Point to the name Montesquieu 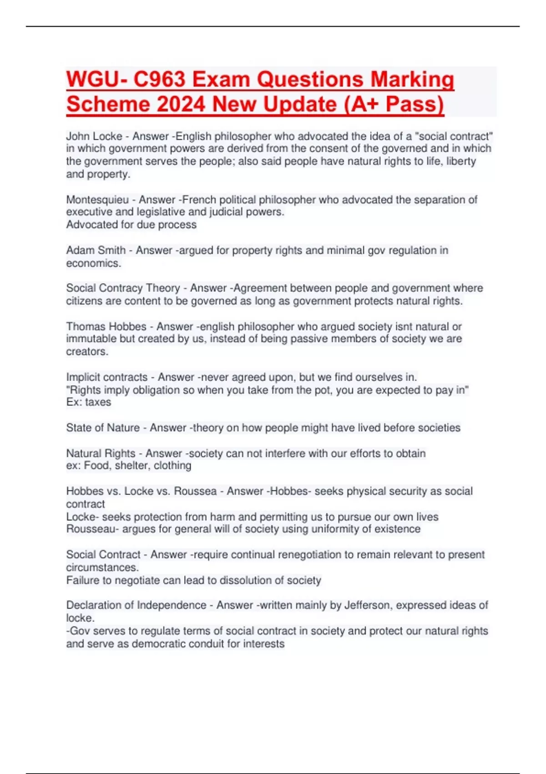pyautogui.click(x=97, y=199)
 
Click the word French pyautogui.click(x=199, y=199)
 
